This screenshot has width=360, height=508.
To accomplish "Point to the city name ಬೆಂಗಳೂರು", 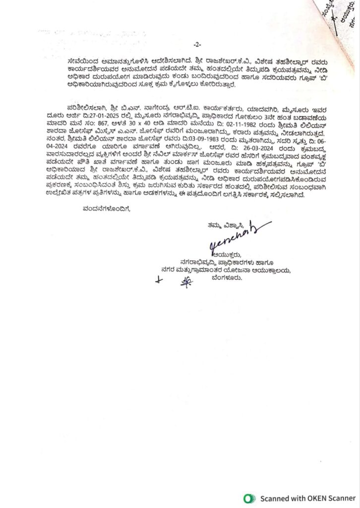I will pos(228,277).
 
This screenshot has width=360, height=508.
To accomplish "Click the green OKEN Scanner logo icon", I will pos(248,498).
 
